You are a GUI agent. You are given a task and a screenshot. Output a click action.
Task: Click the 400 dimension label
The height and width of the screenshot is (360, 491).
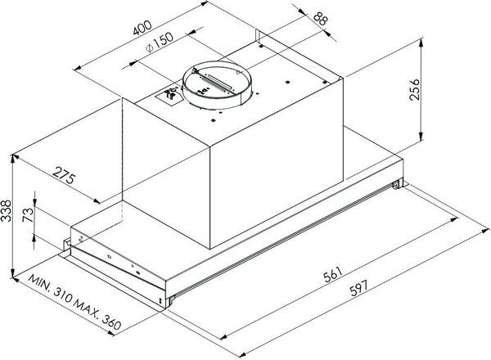tap(142, 28)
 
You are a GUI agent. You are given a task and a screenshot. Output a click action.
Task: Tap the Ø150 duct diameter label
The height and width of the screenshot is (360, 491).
tap(159, 43)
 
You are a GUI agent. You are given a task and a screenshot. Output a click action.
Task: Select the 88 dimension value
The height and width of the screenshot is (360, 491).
tap(320, 19)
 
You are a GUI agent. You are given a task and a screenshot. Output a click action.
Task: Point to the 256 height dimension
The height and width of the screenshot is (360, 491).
tap(414, 89)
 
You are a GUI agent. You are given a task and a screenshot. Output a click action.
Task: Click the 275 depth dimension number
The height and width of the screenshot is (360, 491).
tap(64, 176)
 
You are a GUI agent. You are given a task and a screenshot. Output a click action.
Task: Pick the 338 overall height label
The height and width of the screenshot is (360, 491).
tap(6, 210)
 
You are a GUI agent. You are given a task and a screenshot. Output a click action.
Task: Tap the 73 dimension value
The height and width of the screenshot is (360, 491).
tap(28, 214)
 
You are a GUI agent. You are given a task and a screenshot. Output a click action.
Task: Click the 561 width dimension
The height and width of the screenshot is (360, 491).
tap(332, 274)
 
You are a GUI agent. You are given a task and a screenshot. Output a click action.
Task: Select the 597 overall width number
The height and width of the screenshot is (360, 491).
tap(358, 288)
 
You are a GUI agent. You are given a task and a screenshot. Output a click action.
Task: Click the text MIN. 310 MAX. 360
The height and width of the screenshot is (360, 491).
tap(74, 302)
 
